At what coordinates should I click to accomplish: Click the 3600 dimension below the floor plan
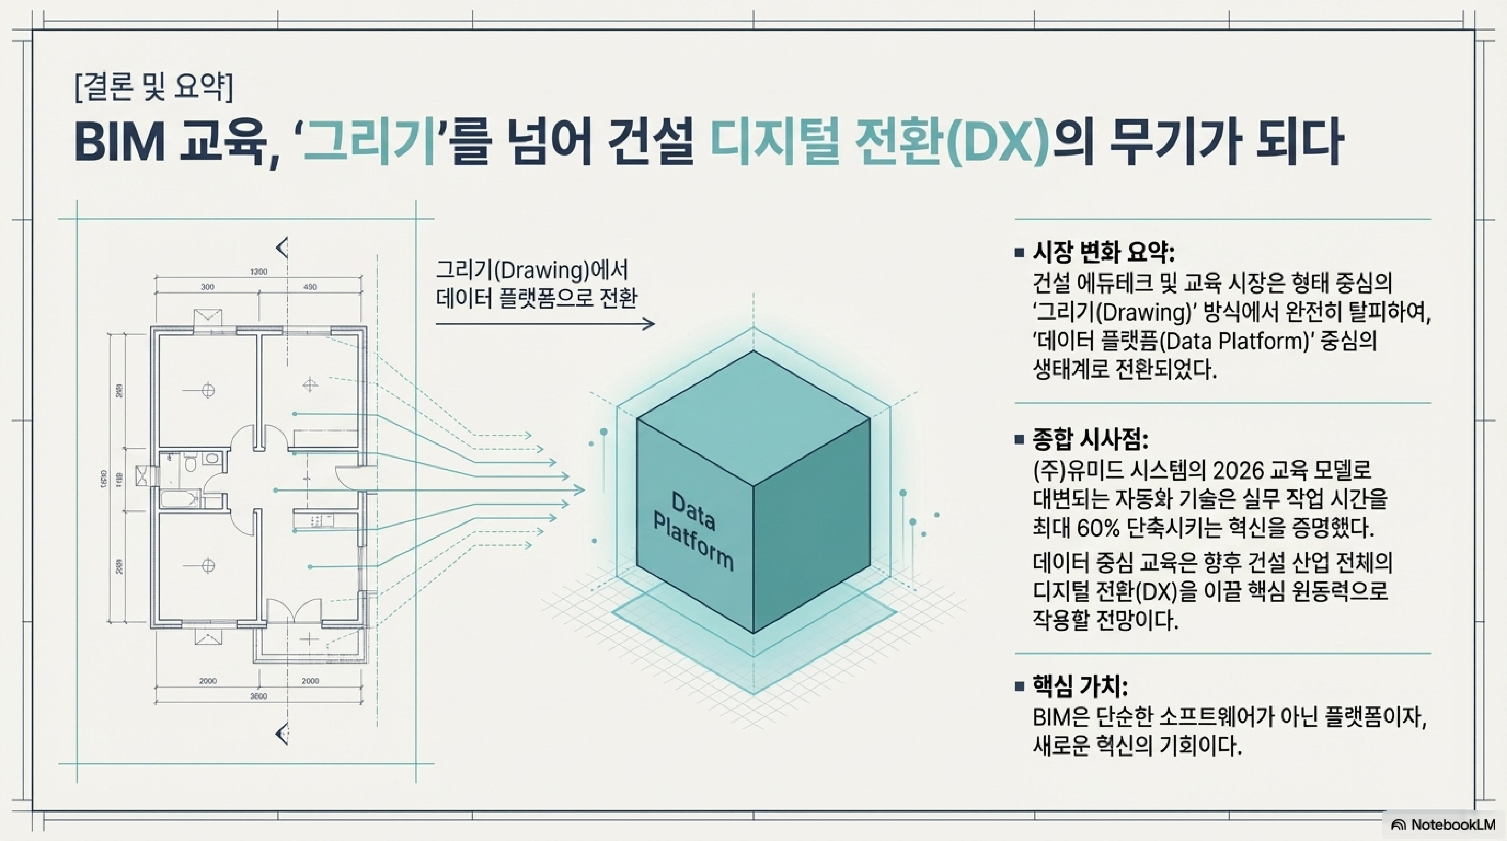258,696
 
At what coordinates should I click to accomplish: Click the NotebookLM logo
1445,825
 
